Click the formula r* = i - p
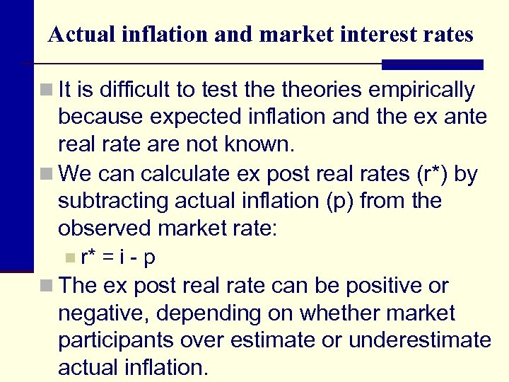(118, 257)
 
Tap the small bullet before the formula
(68, 257)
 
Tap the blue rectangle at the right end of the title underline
(432, 64)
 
